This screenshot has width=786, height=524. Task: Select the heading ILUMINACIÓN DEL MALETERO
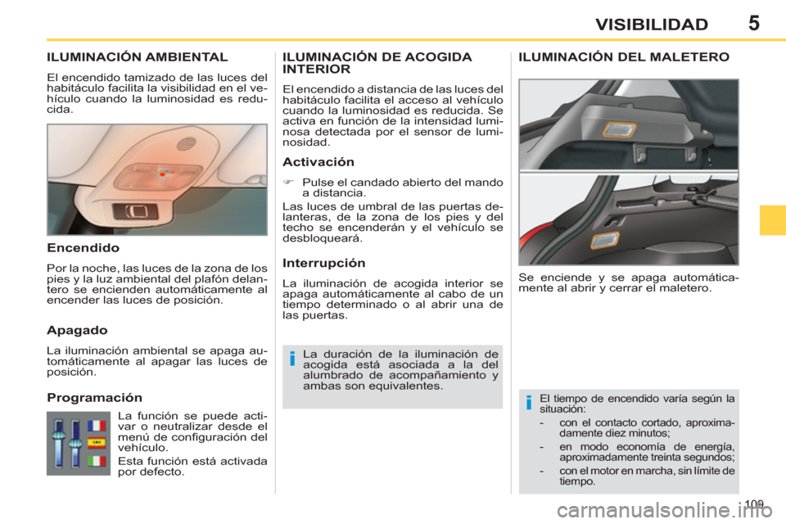pyautogui.click(x=625, y=57)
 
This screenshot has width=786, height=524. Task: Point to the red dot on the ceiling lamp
pyautogui.click(x=163, y=174)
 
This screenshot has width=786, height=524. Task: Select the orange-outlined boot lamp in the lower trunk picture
pyautogui.click(x=603, y=240)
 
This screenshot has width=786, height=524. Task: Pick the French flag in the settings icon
pyautogui.click(x=97, y=426)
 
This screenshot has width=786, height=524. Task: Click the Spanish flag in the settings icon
pyautogui.click(x=97, y=443)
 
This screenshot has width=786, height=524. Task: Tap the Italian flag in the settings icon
pyautogui.click(x=97, y=461)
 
